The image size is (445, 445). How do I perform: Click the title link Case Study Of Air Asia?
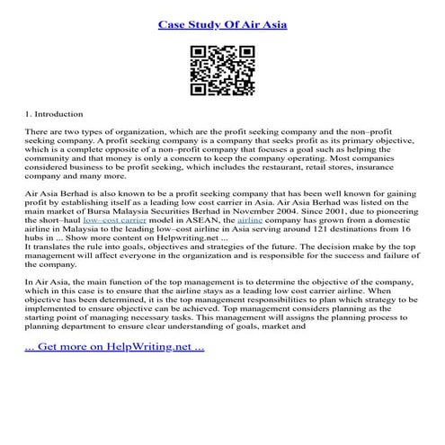[x=222, y=23]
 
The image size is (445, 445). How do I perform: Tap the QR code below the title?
[x=222, y=73]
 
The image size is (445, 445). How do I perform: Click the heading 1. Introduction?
[x=53, y=114]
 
